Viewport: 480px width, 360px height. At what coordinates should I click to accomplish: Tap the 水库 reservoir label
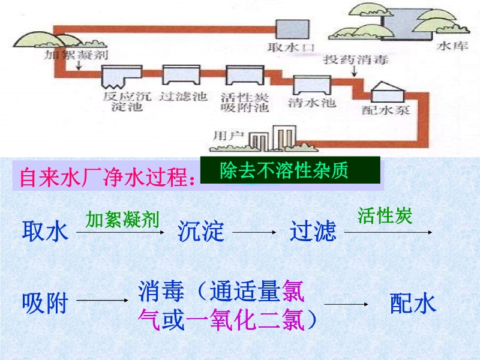(451, 46)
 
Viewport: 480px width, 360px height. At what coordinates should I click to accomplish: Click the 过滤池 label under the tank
(183, 97)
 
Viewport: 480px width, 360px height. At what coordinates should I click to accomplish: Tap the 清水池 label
(312, 102)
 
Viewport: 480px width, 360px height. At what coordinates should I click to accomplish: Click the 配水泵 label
(386, 110)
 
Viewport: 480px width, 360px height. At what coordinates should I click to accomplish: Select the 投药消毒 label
(356, 60)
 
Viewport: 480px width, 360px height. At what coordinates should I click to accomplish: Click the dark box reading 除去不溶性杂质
(290, 170)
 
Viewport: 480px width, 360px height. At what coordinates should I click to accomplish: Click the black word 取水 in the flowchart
(45, 230)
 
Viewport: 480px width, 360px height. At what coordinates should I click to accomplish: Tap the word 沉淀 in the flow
(200, 230)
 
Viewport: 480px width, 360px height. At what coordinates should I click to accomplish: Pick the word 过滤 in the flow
(313, 230)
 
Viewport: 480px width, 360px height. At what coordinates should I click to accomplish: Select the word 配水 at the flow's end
(413, 304)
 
